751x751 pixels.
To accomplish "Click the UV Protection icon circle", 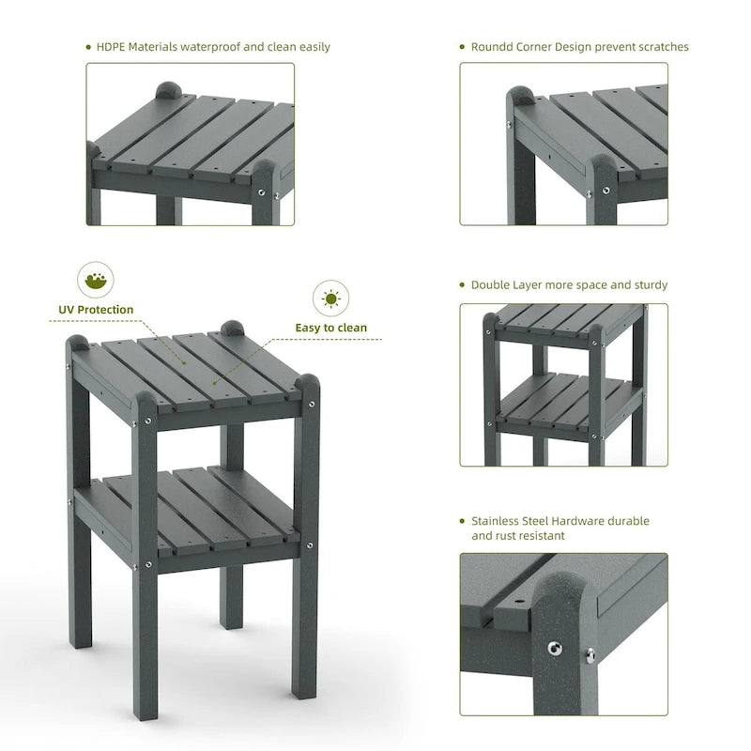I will [x=94, y=280].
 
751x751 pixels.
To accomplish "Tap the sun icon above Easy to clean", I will [x=330, y=299].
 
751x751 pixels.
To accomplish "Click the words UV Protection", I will [x=94, y=310].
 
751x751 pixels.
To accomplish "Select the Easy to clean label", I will [x=330, y=329].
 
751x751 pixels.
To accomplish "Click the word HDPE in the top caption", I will [x=114, y=47].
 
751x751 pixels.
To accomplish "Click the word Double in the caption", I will [x=491, y=284].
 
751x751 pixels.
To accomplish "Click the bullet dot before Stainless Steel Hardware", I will [x=463, y=521].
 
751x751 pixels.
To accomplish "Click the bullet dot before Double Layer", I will [x=463, y=284].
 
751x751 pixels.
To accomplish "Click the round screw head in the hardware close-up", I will [x=554, y=647].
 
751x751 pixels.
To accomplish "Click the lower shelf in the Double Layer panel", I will [x=563, y=404].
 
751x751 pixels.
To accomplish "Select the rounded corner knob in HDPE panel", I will [x=169, y=92].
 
